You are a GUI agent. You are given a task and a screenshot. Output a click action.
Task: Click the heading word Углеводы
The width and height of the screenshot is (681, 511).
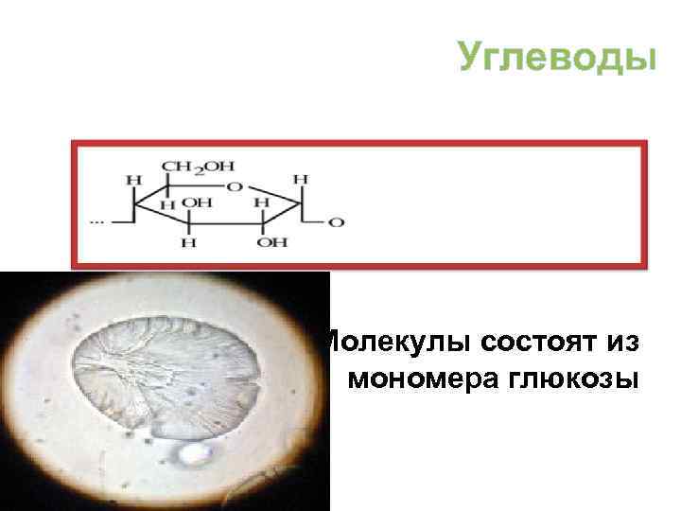coord(556,56)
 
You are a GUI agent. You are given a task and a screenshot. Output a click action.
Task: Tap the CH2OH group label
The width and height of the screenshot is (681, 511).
coord(198,167)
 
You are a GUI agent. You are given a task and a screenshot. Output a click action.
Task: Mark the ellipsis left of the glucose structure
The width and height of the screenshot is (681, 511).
coord(96,221)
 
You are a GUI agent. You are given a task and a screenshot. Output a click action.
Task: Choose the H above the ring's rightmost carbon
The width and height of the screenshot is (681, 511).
coord(300,178)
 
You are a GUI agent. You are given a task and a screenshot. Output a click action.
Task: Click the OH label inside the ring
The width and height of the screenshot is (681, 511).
coord(197,203)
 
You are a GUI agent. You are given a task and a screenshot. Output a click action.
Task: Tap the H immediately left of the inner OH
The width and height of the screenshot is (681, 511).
coord(166,204)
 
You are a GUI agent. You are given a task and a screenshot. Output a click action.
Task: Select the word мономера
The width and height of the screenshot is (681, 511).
coord(425,378)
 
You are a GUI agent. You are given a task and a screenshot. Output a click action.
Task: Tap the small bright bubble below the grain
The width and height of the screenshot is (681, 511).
coord(195,455)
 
